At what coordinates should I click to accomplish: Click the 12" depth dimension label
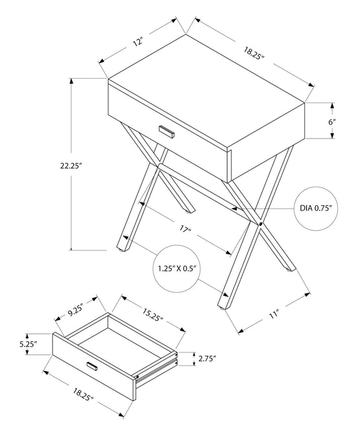(139, 42)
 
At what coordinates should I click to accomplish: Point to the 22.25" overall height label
(71, 165)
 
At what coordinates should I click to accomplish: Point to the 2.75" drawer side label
(206, 358)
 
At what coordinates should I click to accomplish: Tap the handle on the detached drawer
(92, 366)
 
